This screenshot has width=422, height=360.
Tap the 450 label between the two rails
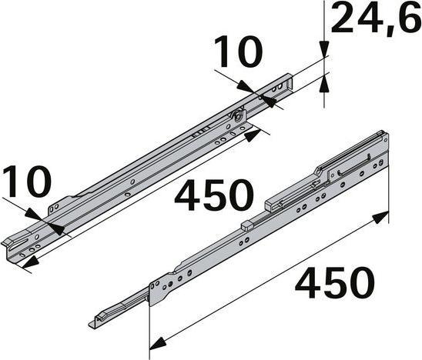pyautogui.click(x=213, y=195)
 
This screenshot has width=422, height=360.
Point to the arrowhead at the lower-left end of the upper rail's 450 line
pyautogui.click(x=28, y=264)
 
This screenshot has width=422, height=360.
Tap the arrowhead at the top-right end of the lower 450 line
pyautogui.click(x=380, y=219)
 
